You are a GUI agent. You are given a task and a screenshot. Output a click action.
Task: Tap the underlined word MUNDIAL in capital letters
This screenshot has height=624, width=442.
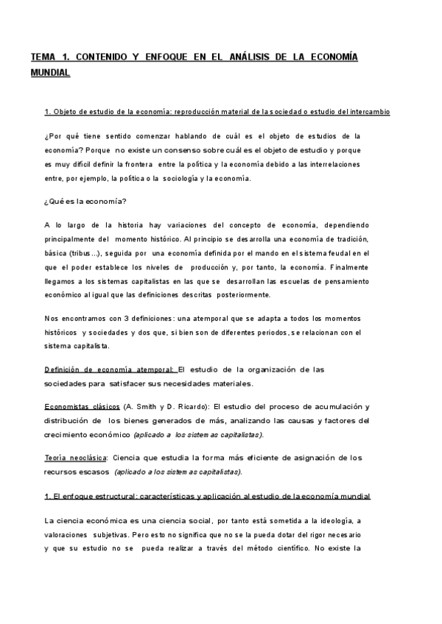[x=50, y=73]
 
